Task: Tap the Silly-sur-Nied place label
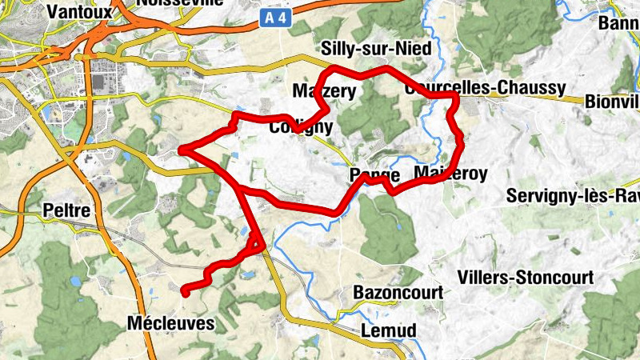[x=375, y=48]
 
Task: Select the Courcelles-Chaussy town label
[x=486, y=88]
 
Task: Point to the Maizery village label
[x=323, y=91]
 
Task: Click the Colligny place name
[x=301, y=126]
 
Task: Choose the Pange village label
[x=374, y=175]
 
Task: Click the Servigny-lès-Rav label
[x=572, y=196]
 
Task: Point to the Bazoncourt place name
[x=398, y=293]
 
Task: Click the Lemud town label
[x=389, y=330]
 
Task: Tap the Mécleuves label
[x=171, y=324]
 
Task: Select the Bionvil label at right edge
[x=612, y=102]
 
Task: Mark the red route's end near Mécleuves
[x=185, y=292]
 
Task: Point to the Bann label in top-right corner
[x=618, y=22]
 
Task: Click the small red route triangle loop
[x=256, y=241]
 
